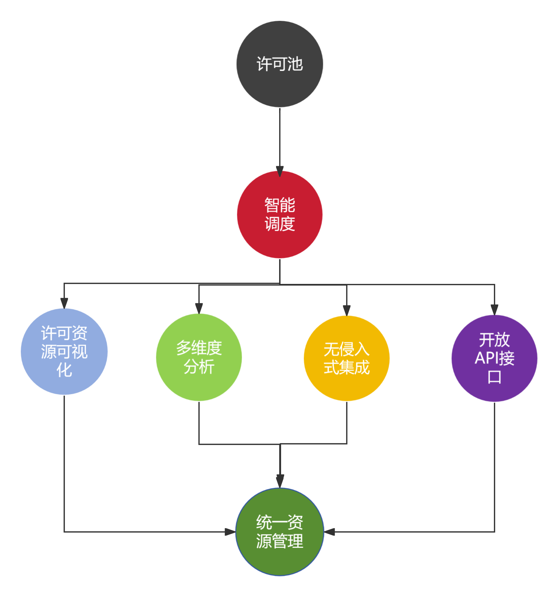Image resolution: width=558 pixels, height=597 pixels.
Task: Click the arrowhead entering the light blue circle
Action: tap(64, 303)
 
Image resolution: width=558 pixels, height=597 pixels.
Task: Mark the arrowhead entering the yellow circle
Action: tap(347, 310)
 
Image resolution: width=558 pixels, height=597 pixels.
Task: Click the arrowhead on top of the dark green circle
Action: tap(280, 481)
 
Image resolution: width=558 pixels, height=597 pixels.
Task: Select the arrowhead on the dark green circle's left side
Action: tap(230, 532)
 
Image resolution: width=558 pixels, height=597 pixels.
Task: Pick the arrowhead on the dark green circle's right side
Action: tap(329, 532)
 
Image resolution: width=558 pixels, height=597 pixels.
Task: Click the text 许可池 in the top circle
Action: tap(280, 64)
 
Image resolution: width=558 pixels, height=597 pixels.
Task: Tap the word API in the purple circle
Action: tap(486, 358)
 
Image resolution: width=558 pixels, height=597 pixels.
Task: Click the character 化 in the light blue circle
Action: tap(64, 370)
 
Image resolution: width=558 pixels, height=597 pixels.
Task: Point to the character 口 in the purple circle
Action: tap(494, 377)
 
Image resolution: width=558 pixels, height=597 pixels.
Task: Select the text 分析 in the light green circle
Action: tap(199, 367)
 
